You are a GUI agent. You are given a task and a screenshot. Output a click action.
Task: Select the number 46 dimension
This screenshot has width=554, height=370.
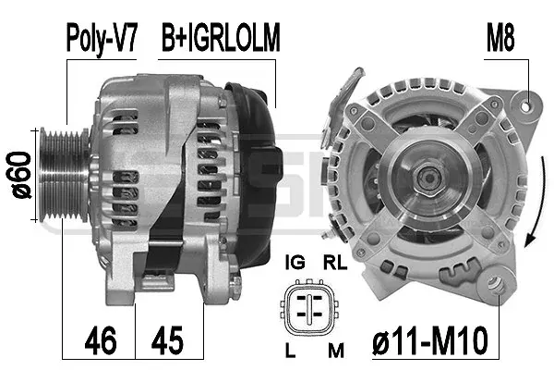point(102,339)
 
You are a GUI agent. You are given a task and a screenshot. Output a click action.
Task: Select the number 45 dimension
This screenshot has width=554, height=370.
point(167,339)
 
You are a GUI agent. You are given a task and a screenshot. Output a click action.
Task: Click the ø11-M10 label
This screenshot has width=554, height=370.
point(430,339)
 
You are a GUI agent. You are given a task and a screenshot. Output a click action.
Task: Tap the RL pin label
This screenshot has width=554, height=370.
point(334,264)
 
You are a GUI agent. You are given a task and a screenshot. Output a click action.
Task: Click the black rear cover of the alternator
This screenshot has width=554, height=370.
point(251,157)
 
